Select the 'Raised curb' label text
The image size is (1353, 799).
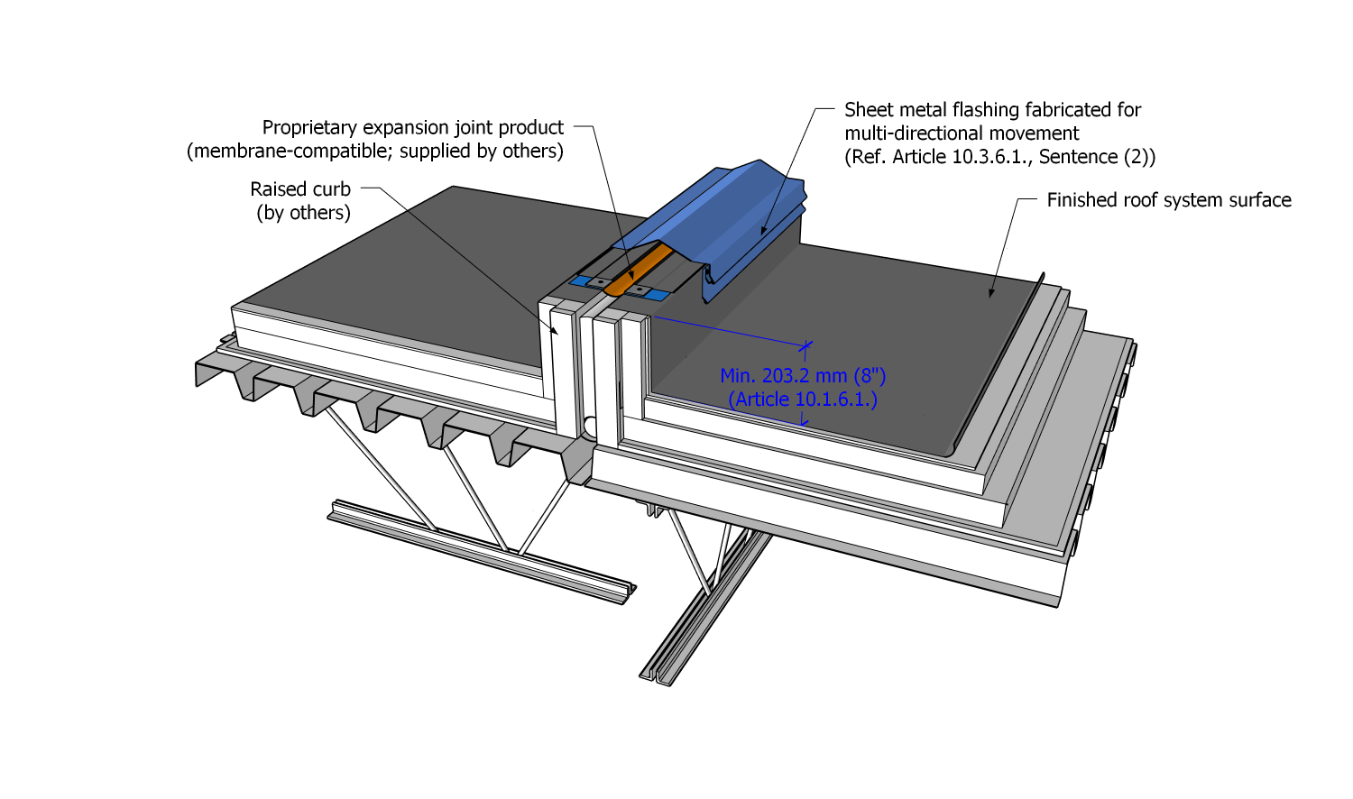tap(300, 189)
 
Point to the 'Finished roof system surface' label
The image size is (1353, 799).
tap(1168, 200)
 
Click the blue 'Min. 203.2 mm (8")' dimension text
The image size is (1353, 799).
tap(803, 376)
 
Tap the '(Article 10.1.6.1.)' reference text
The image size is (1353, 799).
tap(803, 399)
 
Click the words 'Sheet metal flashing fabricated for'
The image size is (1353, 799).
tap(992, 110)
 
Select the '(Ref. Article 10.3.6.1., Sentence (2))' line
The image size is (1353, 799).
tap(999, 157)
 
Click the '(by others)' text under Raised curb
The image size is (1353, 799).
tap(303, 213)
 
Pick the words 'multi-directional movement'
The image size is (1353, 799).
tap(962, 133)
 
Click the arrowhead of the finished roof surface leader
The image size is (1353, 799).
tap(991, 292)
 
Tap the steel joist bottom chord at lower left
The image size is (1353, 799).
tap(478, 550)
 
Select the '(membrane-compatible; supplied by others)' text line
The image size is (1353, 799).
tap(375, 152)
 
